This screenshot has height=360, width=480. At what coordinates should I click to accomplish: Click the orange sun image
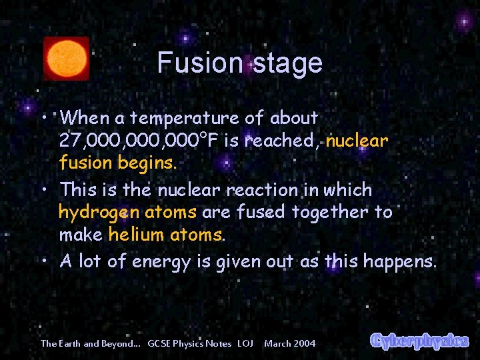pos(66,59)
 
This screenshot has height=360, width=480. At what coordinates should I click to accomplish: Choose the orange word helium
pos(136,235)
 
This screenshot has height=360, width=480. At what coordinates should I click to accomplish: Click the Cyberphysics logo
pos(419,341)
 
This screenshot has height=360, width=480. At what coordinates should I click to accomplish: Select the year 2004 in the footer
pos(304,343)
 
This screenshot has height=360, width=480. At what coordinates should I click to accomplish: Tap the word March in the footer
pos(277,343)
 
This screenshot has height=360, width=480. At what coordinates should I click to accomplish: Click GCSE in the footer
pos(160,343)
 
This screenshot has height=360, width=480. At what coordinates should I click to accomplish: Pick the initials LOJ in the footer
pos(245,343)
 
